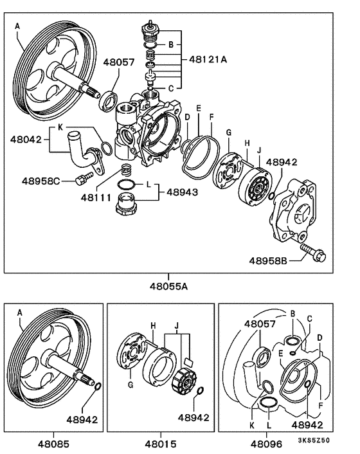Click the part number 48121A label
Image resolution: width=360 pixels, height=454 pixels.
208,59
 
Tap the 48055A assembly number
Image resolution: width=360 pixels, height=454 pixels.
168,286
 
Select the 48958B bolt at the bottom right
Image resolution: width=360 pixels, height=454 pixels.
313,253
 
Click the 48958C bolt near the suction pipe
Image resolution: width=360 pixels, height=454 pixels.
84,177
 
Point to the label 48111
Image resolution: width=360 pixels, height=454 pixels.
96,198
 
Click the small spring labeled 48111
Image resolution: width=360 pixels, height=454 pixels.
125,170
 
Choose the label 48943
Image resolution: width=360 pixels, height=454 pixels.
183,192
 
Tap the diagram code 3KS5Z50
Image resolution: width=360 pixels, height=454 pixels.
314,440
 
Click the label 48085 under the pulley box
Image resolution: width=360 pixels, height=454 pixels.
53,444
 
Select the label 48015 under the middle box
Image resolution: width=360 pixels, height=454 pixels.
160,444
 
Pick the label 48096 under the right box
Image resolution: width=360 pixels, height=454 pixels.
266,444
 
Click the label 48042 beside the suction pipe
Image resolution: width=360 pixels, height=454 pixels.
26,140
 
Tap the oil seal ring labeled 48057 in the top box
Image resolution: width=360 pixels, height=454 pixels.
108,101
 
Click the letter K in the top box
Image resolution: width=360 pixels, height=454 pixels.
60,127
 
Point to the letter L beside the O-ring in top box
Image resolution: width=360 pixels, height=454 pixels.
148,184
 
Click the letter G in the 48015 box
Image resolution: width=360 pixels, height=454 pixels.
130,385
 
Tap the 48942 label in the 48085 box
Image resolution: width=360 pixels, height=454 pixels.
82,419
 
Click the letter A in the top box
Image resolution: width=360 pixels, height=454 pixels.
17,26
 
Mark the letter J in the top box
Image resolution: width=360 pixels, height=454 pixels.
259,150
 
